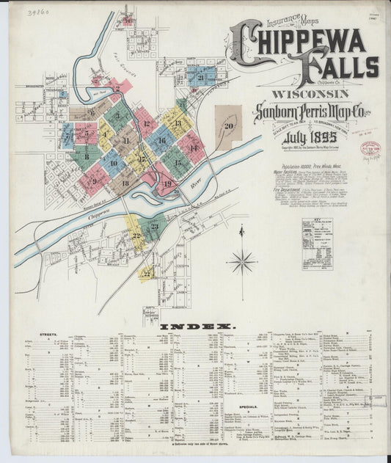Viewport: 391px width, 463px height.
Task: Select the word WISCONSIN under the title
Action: tap(311, 95)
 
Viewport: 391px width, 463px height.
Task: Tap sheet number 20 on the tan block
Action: tap(229, 125)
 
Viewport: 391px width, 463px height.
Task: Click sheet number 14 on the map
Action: tap(193, 147)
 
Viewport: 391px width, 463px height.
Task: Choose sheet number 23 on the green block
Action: tap(155, 226)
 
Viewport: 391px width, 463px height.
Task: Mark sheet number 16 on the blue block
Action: tap(161, 139)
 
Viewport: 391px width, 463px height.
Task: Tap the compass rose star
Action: tap(241, 260)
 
